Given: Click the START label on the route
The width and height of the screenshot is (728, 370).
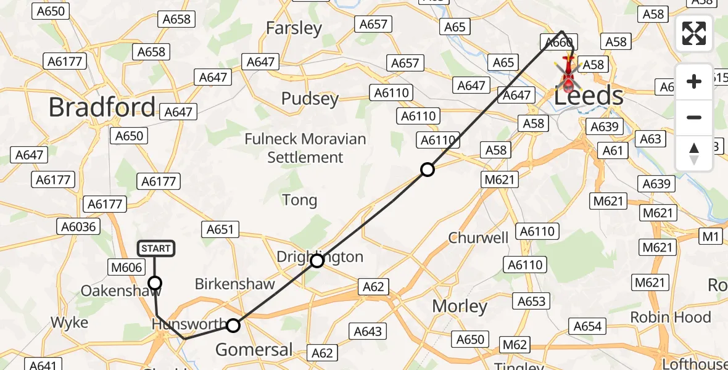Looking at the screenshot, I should (155, 249).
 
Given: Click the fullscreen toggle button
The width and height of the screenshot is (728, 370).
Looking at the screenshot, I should (693, 33).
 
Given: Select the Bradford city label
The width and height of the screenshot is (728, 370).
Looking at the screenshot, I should (102, 107).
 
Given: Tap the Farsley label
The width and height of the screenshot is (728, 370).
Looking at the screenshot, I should (294, 28).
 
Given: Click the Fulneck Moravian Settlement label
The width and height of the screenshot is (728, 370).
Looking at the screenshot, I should (305, 148).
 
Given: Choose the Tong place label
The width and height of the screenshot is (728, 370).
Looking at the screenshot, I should (299, 200).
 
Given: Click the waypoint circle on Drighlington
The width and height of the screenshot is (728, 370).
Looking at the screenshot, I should (316, 261).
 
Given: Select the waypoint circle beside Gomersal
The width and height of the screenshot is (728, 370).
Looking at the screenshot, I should (233, 325).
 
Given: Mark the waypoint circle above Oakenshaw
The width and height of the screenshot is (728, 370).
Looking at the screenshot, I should (155, 283).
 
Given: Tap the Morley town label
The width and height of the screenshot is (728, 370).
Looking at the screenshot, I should (460, 306).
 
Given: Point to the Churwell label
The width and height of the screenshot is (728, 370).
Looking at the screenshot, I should (478, 237).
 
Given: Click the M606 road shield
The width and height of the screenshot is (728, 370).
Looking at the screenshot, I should (127, 267).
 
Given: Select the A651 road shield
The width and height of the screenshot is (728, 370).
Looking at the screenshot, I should (220, 229).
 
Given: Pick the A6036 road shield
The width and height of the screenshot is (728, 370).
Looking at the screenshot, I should (79, 226).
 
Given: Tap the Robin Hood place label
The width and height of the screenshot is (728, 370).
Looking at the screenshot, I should (670, 317).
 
